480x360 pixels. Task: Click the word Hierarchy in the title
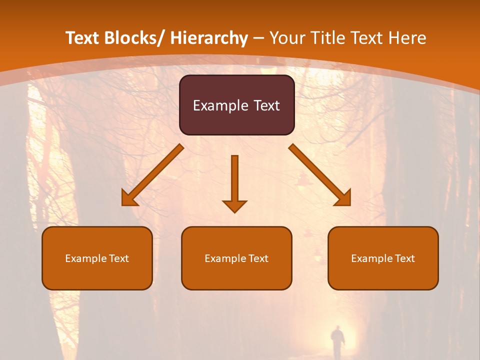click(x=209, y=38)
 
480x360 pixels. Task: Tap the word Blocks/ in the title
click(x=136, y=38)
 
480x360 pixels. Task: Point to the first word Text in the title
click(x=84, y=38)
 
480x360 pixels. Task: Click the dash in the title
click(x=258, y=38)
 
